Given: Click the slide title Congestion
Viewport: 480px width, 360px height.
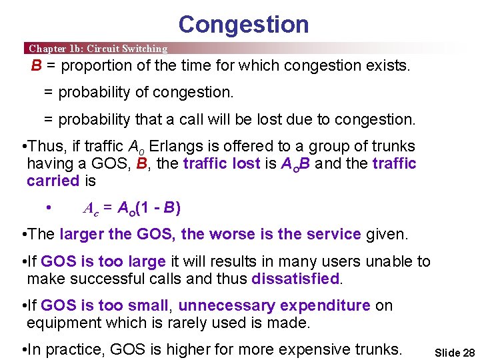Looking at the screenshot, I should pos(243,25).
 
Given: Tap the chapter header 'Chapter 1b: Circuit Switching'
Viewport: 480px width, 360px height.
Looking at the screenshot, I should pos(98,49).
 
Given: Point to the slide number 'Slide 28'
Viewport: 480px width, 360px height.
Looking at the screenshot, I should pos(454,353).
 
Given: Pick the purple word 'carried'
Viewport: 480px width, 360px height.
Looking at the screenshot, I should pos(53,181).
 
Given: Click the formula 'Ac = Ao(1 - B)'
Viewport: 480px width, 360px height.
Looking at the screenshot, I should pos(131,208).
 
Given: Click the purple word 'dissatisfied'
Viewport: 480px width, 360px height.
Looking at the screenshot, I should pos(296,279).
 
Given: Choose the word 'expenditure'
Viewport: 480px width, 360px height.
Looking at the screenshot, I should pos(325,305).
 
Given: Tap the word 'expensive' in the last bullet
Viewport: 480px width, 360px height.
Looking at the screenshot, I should pos(309,349).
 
